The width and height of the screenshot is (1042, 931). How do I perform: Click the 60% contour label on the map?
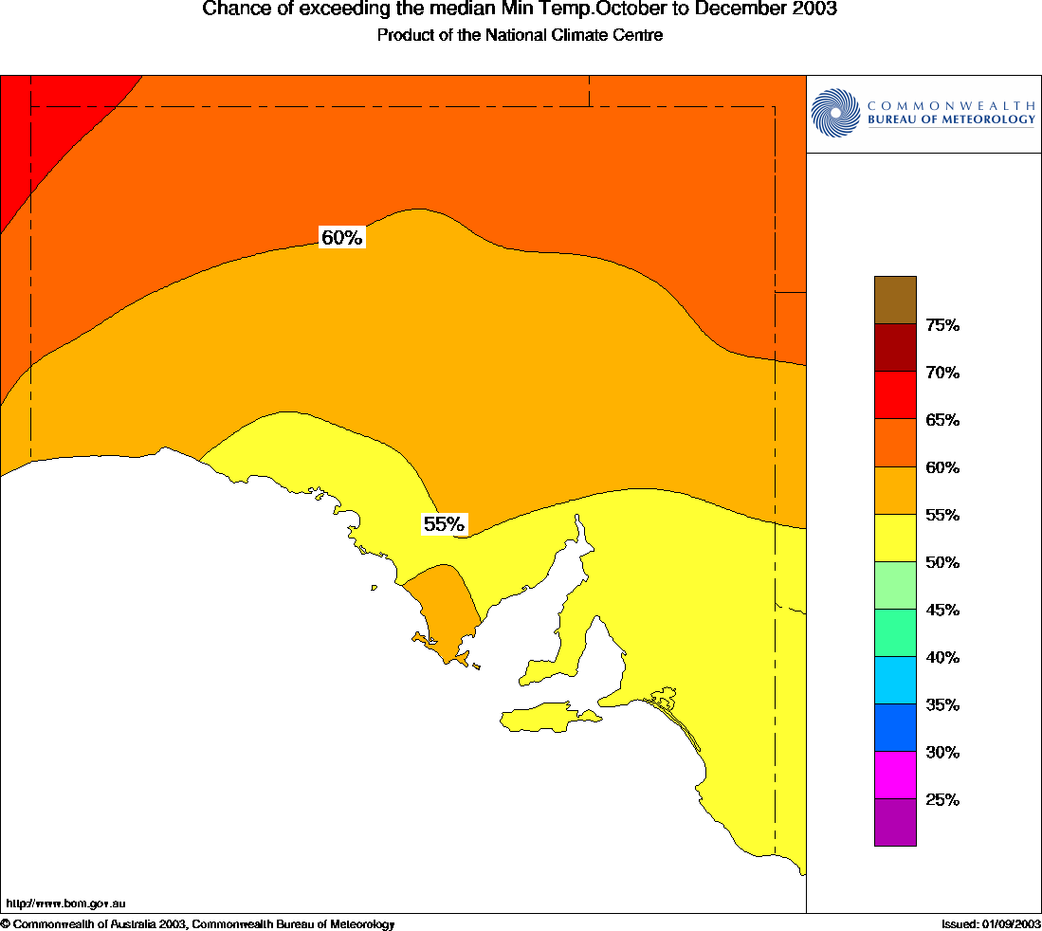click(341, 238)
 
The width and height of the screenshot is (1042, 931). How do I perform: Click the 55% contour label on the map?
click(444, 524)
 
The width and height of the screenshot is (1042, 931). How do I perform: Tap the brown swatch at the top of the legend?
click(895, 300)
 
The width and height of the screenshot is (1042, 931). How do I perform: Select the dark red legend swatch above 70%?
click(895, 348)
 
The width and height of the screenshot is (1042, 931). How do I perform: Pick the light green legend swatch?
click(895, 585)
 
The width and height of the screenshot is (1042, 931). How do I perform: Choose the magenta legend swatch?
click(895, 775)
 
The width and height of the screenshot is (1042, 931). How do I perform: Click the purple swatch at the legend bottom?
click(895, 822)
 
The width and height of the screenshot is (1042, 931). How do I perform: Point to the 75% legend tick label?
click(942, 325)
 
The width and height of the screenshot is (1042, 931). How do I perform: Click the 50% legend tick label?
click(942, 562)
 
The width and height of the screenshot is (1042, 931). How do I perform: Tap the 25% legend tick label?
click(942, 799)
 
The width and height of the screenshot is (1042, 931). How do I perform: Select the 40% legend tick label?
click(942, 657)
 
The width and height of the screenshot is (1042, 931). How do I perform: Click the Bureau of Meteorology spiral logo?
click(834, 113)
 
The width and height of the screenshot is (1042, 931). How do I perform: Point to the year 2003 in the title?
click(817, 10)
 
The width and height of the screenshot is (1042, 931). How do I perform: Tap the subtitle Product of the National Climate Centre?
click(520, 35)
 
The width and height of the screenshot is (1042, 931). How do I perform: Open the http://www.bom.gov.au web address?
click(65, 904)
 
